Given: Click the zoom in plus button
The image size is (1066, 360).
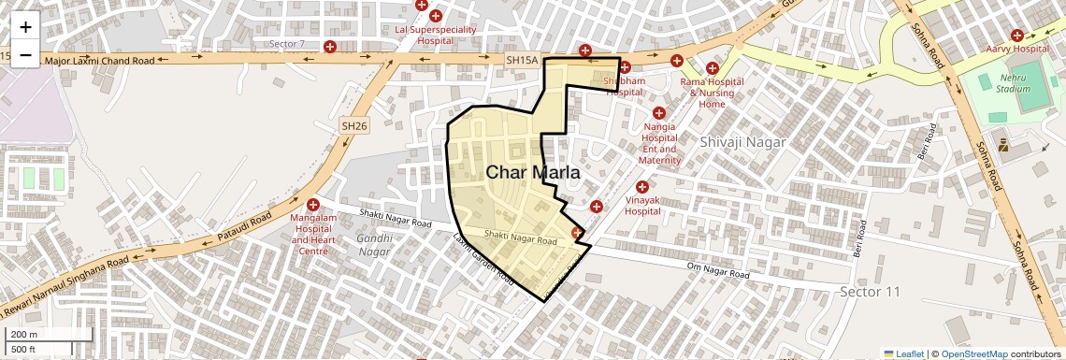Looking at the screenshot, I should coord(25,28).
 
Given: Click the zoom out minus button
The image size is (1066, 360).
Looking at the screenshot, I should coord(25,55).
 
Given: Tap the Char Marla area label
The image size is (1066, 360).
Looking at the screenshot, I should coord(533,173).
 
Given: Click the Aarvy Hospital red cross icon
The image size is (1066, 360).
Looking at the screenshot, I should coord(1016,35).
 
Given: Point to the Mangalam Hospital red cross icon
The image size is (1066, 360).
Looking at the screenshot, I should coord(313,205).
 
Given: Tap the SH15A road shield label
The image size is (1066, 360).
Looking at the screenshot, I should coord(522,60).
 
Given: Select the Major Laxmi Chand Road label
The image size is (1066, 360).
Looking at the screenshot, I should coord(99,60).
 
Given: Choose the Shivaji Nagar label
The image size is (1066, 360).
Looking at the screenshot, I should coord(742,142).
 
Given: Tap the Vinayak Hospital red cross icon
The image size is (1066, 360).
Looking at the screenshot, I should coord(641,187).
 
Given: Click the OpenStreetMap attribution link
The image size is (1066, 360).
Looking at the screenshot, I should coord(973,353).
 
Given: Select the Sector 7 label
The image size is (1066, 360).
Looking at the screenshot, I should coord(286,44).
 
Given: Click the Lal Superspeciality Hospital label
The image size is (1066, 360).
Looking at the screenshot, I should coord(435,35).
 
